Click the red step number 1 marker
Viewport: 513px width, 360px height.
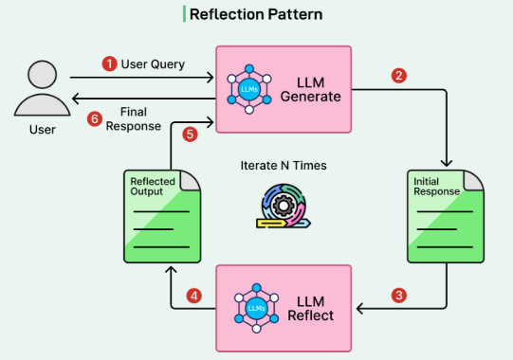coord(110,63)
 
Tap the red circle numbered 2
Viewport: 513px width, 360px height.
coord(399,76)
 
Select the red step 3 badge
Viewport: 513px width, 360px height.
coord(399,296)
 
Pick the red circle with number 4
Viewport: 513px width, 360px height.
coord(194,296)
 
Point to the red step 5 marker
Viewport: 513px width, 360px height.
coord(190,135)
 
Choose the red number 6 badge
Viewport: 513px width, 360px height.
coord(95,118)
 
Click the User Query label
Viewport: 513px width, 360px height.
coord(153,64)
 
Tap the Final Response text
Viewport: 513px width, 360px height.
coord(134,119)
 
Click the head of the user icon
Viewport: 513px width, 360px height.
coord(43,75)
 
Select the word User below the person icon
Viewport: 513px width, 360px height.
coord(43,130)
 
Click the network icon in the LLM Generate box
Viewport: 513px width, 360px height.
coord(249,89)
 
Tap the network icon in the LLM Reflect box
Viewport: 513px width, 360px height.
coord(256,308)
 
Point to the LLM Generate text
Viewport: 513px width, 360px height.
coord(310,90)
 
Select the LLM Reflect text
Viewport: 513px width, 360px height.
coord(310,308)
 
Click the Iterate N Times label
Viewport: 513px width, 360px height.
coord(284,166)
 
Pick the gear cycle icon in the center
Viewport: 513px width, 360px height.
coord(284,206)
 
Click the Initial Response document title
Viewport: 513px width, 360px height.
coord(436,187)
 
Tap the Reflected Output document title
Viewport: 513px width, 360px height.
coord(153,187)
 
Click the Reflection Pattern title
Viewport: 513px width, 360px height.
coord(256,14)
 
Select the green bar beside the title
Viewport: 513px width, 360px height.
coord(184,14)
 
